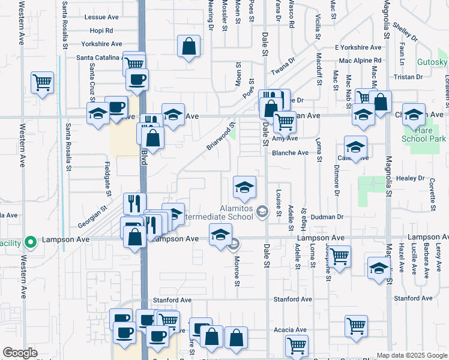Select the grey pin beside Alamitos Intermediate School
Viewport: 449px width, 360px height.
coord(262,211)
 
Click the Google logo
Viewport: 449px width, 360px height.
coord(20,353)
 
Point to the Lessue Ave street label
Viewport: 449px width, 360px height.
coord(103,17)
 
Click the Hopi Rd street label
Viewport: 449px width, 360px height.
coord(101,30)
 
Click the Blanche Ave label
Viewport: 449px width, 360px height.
coord(290,152)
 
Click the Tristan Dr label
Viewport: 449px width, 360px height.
coord(408,77)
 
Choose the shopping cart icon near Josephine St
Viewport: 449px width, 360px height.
coord(339,256)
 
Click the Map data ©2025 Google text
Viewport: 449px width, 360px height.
coord(411,355)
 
